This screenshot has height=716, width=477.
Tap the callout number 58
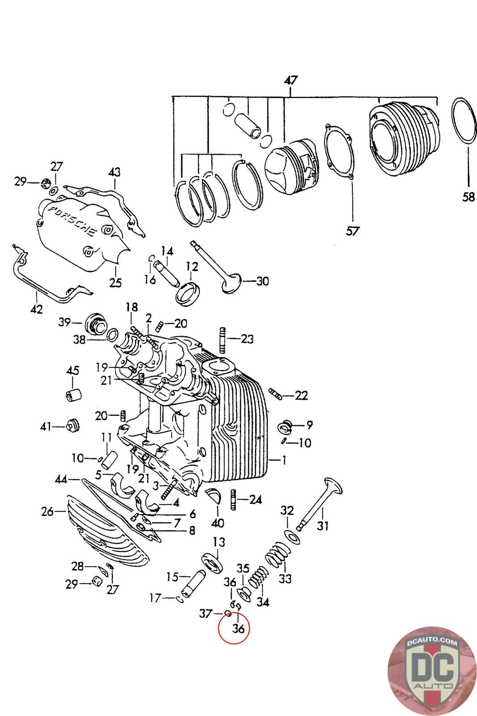(468, 196)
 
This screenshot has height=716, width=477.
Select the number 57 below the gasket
(353, 231)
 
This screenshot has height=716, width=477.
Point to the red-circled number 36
(239, 628)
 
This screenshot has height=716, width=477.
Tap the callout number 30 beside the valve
(262, 281)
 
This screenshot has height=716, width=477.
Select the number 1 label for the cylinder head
(283, 460)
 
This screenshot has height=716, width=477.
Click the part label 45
(72, 371)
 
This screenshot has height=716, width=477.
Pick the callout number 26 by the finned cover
(47, 511)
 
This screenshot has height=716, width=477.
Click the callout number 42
(37, 309)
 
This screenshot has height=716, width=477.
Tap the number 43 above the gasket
(114, 172)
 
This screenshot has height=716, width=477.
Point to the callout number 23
(247, 339)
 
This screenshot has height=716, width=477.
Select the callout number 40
(218, 522)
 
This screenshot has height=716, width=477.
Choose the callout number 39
(64, 323)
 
